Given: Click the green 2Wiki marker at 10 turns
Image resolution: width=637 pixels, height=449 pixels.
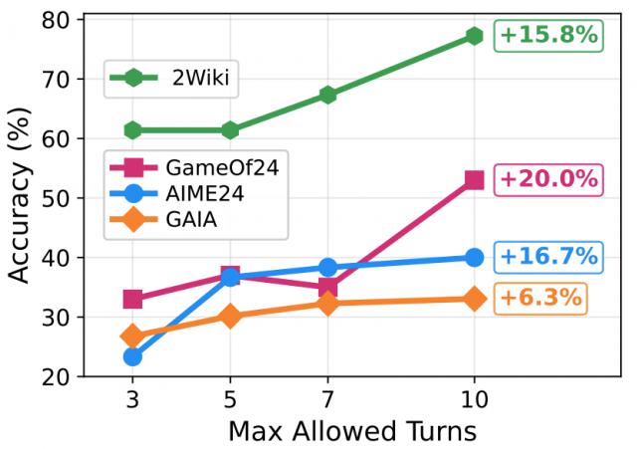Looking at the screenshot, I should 474,36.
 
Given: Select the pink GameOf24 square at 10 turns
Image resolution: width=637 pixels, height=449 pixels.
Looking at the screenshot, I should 474,180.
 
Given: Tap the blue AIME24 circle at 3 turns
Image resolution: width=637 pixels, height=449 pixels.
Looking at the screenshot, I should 132,355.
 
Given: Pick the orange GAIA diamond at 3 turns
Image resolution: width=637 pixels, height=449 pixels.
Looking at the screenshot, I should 132,337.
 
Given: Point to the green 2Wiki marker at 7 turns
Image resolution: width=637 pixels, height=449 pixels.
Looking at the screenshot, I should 327,95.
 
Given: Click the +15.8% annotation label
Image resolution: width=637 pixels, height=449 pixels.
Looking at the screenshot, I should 548,35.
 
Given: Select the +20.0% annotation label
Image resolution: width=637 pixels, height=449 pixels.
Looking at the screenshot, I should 548,179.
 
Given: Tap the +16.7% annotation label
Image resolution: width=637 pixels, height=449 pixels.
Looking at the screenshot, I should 548,256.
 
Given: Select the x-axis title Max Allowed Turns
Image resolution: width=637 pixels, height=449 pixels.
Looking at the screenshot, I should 352,431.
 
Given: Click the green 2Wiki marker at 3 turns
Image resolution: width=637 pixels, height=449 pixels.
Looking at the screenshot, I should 132,130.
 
